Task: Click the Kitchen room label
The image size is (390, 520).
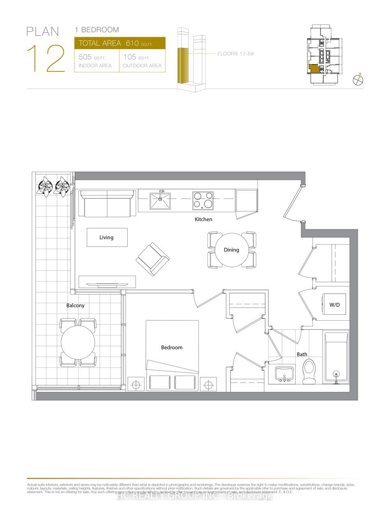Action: (204, 219)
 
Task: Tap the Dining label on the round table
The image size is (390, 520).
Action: (231, 250)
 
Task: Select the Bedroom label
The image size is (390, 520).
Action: (172, 347)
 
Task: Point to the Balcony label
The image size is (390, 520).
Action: (75, 305)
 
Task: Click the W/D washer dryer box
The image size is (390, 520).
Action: (334, 304)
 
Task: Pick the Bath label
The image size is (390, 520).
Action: (302, 354)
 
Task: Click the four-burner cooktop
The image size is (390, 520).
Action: (203, 200)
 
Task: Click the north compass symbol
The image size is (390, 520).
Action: (358, 80)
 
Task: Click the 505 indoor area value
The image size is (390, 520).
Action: (85, 57)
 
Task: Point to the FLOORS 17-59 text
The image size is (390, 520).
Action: (236, 53)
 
